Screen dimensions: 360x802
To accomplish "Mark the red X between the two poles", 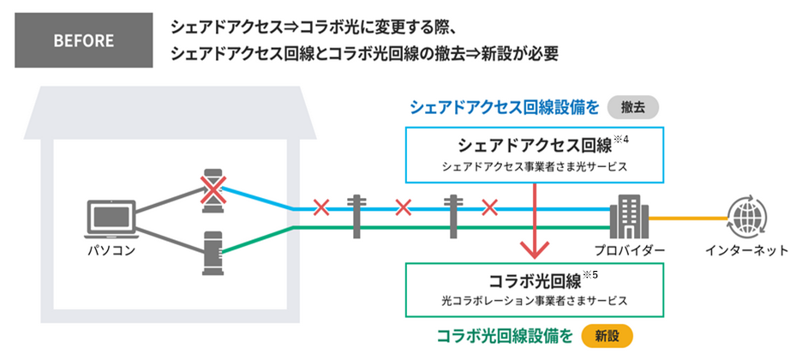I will pyautogui.click(x=404, y=207).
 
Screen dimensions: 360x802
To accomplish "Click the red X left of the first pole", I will pyautogui.click(x=321, y=207).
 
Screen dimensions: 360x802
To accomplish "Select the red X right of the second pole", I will pyautogui.click(x=489, y=207).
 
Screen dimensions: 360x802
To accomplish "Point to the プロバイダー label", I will pyautogui.click(x=629, y=251).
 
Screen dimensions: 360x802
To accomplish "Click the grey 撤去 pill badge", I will pyautogui.click(x=632, y=108).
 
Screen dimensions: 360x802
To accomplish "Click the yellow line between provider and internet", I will pyautogui.click(x=685, y=218).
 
